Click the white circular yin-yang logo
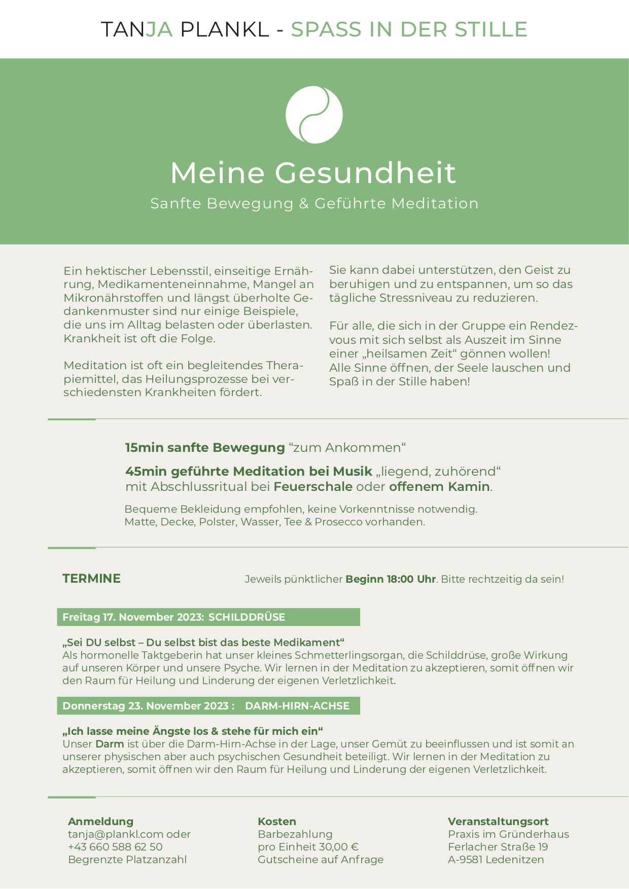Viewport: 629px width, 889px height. coord(314,115)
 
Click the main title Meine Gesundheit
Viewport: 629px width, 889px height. coord(313,172)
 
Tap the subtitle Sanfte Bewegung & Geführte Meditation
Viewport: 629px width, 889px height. coord(314,203)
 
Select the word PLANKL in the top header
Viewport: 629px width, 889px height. coord(225,29)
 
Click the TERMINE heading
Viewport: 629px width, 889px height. coord(91,579)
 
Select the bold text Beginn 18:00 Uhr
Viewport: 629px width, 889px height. coord(391,579)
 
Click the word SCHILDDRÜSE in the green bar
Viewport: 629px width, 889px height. coord(247,617)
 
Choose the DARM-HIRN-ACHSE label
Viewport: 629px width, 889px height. coord(297,706)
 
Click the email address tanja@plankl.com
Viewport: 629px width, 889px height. coord(116,834)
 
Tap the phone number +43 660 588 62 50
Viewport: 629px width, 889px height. coord(115,847)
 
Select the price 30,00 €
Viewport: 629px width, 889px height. coord(339,847)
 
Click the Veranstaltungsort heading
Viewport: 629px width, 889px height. coord(498,822)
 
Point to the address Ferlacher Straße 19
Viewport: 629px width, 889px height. coord(498,847)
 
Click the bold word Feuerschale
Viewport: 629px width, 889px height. coord(313,487)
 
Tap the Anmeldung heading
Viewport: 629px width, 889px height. coord(100,822)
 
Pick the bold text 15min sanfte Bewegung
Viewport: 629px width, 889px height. coord(205,448)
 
